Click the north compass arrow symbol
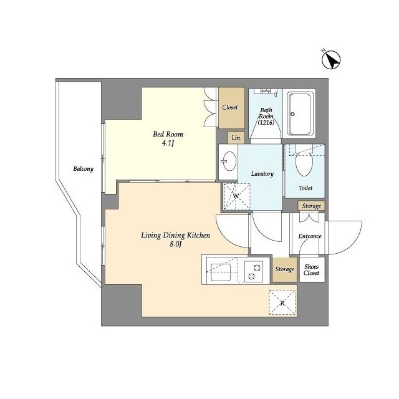click(331, 59)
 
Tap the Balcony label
click(83, 169)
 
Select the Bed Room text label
click(168, 135)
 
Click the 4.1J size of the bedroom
click(168, 143)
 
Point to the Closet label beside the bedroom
click(230, 107)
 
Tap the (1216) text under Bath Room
click(266, 122)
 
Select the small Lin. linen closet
click(236, 138)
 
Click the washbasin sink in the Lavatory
click(228, 161)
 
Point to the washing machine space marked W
click(237, 196)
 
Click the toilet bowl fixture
click(304, 161)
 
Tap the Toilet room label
click(305, 188)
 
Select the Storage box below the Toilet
click(311, 206)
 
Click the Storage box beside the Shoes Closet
click(285, 269)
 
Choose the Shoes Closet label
click(311, 270)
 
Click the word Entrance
click(310, 236)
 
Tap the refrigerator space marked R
click(282, 303)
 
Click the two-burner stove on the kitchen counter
click(254, 271)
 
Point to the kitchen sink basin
click(220, 272)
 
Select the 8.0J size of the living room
click(176, 244)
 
